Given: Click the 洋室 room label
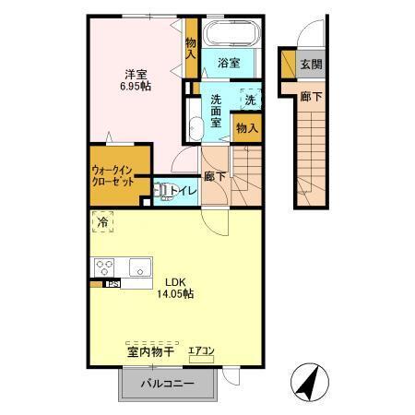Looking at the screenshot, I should tap(137, 73).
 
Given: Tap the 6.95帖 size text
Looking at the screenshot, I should tap(137, 85).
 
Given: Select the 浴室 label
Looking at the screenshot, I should tap(230, 63).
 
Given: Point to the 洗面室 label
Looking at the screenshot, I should tap(217, 112).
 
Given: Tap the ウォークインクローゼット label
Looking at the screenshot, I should tap(113, 176).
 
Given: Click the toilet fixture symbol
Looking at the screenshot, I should tap(163, 191).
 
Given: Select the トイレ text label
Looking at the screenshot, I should tap(184, 191).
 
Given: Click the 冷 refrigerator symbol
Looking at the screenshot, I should tap(103, 221).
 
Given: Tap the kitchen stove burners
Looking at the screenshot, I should tap(104, 267).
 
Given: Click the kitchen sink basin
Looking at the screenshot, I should tap(139, 267).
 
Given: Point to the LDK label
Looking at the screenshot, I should tap(177, 282).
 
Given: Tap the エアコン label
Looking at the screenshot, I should tap(202, 350).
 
